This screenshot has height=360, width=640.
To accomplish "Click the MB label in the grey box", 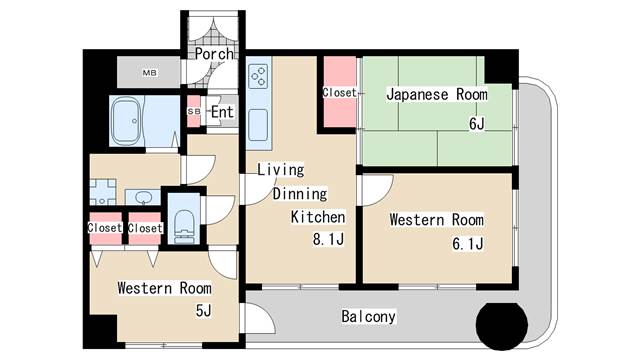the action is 149,73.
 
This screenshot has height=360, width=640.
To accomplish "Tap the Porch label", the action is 214,53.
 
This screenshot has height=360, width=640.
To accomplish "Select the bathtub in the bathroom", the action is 126,120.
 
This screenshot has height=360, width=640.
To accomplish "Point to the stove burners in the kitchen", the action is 259,77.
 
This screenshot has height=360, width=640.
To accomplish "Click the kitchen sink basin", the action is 258,124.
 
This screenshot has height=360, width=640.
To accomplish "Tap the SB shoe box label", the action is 193,111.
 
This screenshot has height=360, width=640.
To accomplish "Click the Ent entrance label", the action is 222,112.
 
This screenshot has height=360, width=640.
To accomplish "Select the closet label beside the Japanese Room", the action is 339,93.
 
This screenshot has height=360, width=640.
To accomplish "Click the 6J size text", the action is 476,123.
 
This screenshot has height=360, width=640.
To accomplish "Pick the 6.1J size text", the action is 468,244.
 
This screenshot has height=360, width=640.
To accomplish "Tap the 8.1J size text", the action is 328,239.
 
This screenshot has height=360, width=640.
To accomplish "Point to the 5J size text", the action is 203,311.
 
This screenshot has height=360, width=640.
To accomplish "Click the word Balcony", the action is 368,316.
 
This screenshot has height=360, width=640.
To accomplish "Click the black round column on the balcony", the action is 502,325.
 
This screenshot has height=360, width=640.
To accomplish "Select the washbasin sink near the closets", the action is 142,198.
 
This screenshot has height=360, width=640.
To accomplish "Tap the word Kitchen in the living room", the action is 318,217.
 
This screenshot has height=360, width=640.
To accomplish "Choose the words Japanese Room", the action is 437,94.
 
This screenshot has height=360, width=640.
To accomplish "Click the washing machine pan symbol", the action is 102,192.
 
